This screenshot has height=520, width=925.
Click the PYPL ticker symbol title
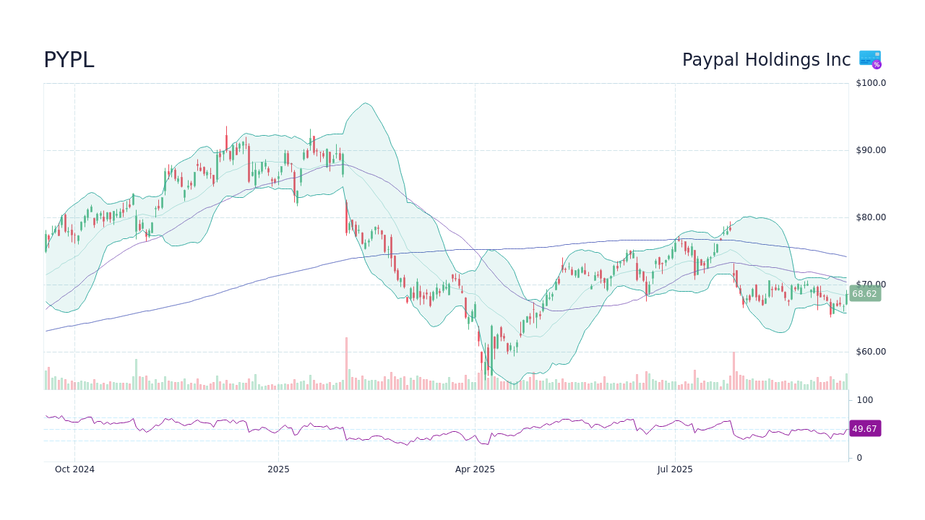coord(69,61)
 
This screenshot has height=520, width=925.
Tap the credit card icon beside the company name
coord(870,59)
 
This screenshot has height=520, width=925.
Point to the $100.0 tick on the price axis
coord(871,83)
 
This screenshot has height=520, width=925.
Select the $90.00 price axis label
coord(871,150)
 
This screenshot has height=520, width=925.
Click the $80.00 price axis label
coord(871,217)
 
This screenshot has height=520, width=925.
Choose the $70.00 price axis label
coord(871,285)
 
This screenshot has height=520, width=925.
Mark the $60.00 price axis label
coord(871,352)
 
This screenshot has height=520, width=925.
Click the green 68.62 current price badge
coord(864,294)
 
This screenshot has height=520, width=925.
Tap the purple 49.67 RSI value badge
coord(864,429)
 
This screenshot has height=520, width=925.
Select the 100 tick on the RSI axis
coord(864,400)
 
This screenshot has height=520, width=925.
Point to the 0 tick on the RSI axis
coord(859,458)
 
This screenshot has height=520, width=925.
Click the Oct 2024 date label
coord(74,469)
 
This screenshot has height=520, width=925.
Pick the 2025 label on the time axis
coord(278,469)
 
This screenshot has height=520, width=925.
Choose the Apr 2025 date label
coord(475,469)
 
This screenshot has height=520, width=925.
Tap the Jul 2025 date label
coord(675,469)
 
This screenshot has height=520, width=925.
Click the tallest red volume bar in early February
coord(346,364)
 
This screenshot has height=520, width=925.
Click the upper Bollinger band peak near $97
coord(366,103)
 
